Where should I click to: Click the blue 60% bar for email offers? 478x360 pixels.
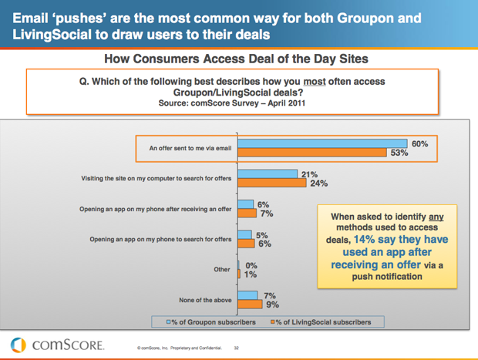point(322,143)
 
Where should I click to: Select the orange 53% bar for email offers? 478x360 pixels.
point(312,152)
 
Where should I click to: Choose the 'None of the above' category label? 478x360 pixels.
point(205,299)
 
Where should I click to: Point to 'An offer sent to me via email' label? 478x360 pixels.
point(183,147)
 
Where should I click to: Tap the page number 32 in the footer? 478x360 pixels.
point(237,348)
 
